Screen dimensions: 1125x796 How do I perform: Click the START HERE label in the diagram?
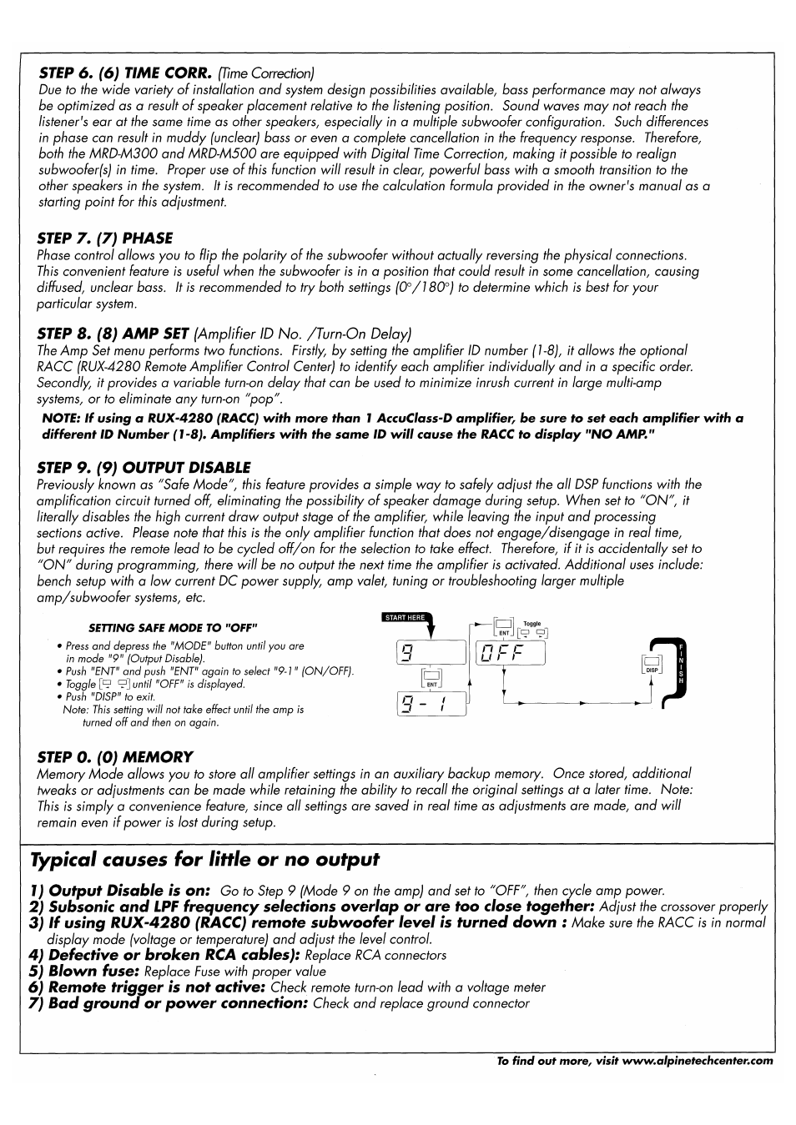pyautogui.click(x=405, y=618)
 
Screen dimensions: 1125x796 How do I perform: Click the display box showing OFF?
pyautogui.click(x=510, y=653)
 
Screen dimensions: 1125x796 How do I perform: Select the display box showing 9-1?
pyautogui.click(x=431, y=705)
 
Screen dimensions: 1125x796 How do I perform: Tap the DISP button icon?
pyautogui.click(x=652, y=665)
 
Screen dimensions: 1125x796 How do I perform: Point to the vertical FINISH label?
pyautogui.click(x=682, y=664)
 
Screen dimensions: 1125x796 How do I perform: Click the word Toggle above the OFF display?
pyautogui.click(x=532, y=623)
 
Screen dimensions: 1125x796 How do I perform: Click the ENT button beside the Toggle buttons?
pyautogui.click(x=503, y=627)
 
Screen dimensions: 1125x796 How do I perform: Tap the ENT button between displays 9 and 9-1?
pyautogui.click(x=431, y=678)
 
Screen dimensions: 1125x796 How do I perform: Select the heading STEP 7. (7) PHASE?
pyautogui.click(x=104, y=239)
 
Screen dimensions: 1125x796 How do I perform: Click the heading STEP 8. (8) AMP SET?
pyautogui.click(x=113, y=334)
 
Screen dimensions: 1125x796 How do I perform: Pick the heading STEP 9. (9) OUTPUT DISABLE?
pyautogui.click(x=144, y=468)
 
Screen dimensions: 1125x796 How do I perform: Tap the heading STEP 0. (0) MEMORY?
pyautogui.click(x=114, y=757)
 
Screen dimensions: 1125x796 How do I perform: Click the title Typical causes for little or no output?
pyautogui.click(x=204, y=860)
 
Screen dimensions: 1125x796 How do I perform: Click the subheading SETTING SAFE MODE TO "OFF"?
pyautogui.click(x=174, y=628)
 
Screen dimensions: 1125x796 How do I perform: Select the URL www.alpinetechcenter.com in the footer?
pyautogui.click(x=698, y=1062)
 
